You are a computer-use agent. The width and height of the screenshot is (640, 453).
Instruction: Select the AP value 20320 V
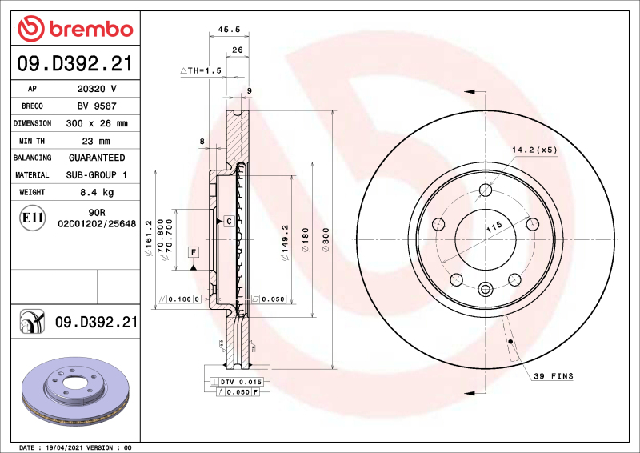(96, 89)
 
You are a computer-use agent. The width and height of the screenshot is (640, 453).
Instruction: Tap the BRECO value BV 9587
(96, 106)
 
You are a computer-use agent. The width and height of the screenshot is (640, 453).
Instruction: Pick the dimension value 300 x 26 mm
(96, 123)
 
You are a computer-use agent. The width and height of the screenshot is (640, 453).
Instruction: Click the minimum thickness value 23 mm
(96, 141)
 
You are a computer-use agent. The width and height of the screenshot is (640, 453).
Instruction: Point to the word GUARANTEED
(96, 158)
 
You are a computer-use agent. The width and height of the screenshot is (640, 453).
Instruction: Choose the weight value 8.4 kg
(96, 192)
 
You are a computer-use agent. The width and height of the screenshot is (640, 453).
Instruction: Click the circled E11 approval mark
(33, 217)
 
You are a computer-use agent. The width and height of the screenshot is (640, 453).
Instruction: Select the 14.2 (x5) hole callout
(534, 150)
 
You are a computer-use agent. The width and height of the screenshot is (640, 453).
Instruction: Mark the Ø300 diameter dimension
(326, 239)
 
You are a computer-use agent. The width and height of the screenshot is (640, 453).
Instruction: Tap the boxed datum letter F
(193, 252)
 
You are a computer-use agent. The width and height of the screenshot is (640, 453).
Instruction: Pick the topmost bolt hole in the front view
(485, 190)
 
